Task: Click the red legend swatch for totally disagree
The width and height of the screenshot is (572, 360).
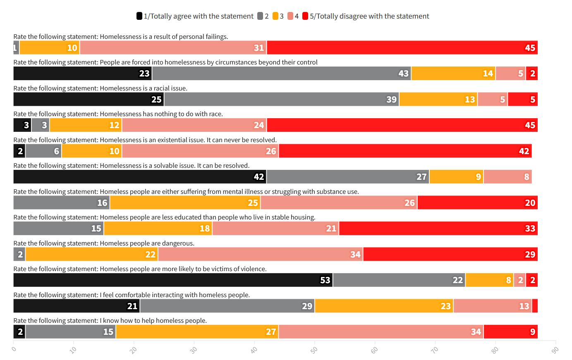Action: pos(305,16)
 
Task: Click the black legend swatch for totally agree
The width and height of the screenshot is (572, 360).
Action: pos(139,16)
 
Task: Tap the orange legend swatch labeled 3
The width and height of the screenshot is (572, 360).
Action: pos(275,16)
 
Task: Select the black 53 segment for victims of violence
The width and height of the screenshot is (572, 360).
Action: pos(173,280)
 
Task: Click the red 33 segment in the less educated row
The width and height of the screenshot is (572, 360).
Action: pos(438,228)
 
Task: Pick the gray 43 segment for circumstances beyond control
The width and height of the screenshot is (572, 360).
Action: pos(281,73)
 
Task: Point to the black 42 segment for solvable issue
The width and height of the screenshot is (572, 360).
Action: pos(140,176)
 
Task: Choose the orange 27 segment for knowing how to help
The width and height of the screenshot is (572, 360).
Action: pos(197,331)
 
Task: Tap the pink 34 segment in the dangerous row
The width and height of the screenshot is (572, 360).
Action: pos(261,254)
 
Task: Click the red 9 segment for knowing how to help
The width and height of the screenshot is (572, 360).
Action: pos(510,331)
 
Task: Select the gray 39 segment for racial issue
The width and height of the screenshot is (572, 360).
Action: pos(281,99)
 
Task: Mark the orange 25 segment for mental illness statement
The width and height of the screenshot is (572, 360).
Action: pos(185,203)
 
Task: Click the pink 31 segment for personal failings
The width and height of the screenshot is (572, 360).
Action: pos(173,48)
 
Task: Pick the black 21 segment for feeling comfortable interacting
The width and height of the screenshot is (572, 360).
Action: pos(77,306)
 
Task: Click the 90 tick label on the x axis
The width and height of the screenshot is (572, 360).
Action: pos(555,350)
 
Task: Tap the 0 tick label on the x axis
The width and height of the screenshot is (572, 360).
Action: pos(14,350)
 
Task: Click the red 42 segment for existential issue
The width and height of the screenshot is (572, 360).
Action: pos(405,151)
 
